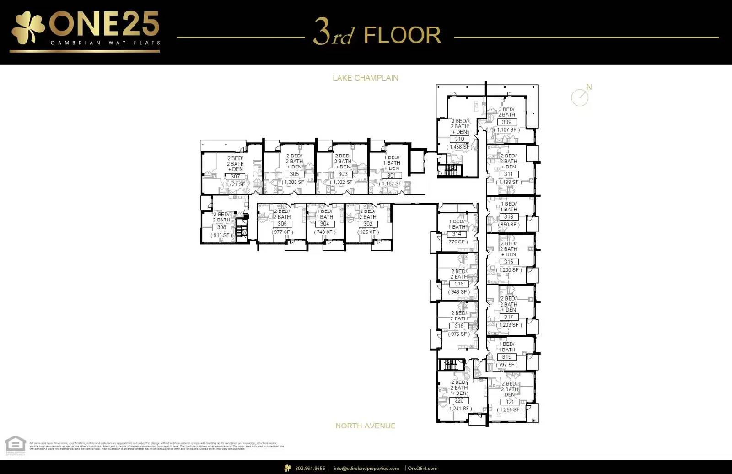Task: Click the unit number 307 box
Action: [235, 176]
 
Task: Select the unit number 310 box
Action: [459, 139]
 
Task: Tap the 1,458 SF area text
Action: [459, 147]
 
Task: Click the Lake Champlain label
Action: [365, 78]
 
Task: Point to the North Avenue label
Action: [365, 426]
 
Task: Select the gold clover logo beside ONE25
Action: [27, 28]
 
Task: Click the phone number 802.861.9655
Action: [310, 468]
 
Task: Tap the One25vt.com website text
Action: [422, 468]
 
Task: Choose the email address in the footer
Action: [366, 468]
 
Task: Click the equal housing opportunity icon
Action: [15, 445]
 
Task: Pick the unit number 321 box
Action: [509, 402]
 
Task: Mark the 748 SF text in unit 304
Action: [324, 232]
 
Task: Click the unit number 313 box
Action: [509, 216]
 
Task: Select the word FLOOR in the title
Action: [403, 35]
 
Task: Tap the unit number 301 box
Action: [392, 175]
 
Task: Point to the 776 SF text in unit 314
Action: [457, 242]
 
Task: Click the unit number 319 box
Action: [506, 357]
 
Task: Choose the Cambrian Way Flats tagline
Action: [105, 43]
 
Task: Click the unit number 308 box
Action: [221, 227]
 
